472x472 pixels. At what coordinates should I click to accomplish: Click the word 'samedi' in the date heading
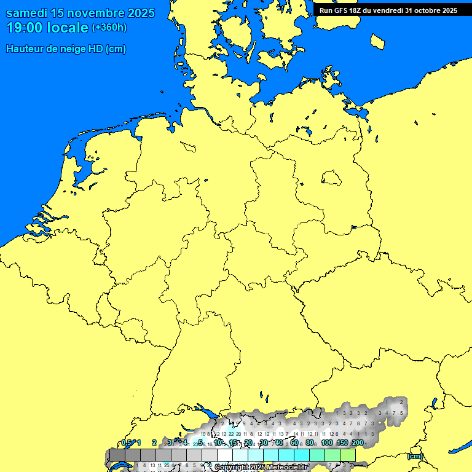[x=28, y=13]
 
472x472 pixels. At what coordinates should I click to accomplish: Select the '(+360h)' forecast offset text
[x=109, y=28]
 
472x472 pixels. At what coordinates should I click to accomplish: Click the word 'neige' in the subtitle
[x=77, y=49]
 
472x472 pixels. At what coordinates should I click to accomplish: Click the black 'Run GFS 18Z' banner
[x=388, y=10]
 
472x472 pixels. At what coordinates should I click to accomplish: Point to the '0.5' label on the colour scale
[x=126, y=442]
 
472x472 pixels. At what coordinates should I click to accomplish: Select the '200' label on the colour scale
[x=357, y=442]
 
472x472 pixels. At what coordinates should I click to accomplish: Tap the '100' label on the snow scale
[x=327, y=442]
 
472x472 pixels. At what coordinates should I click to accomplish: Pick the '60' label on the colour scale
[x=294, y=442]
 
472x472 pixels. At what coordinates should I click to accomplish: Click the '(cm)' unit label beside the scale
[x=415, y=456]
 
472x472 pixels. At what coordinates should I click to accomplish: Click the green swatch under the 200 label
[x=348, y=455]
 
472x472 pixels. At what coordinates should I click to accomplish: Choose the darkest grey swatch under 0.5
[x=117, y=455]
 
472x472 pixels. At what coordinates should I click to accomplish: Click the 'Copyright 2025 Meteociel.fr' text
[x=261, y=468]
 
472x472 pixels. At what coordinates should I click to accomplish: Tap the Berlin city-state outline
[x=331, y=179]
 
